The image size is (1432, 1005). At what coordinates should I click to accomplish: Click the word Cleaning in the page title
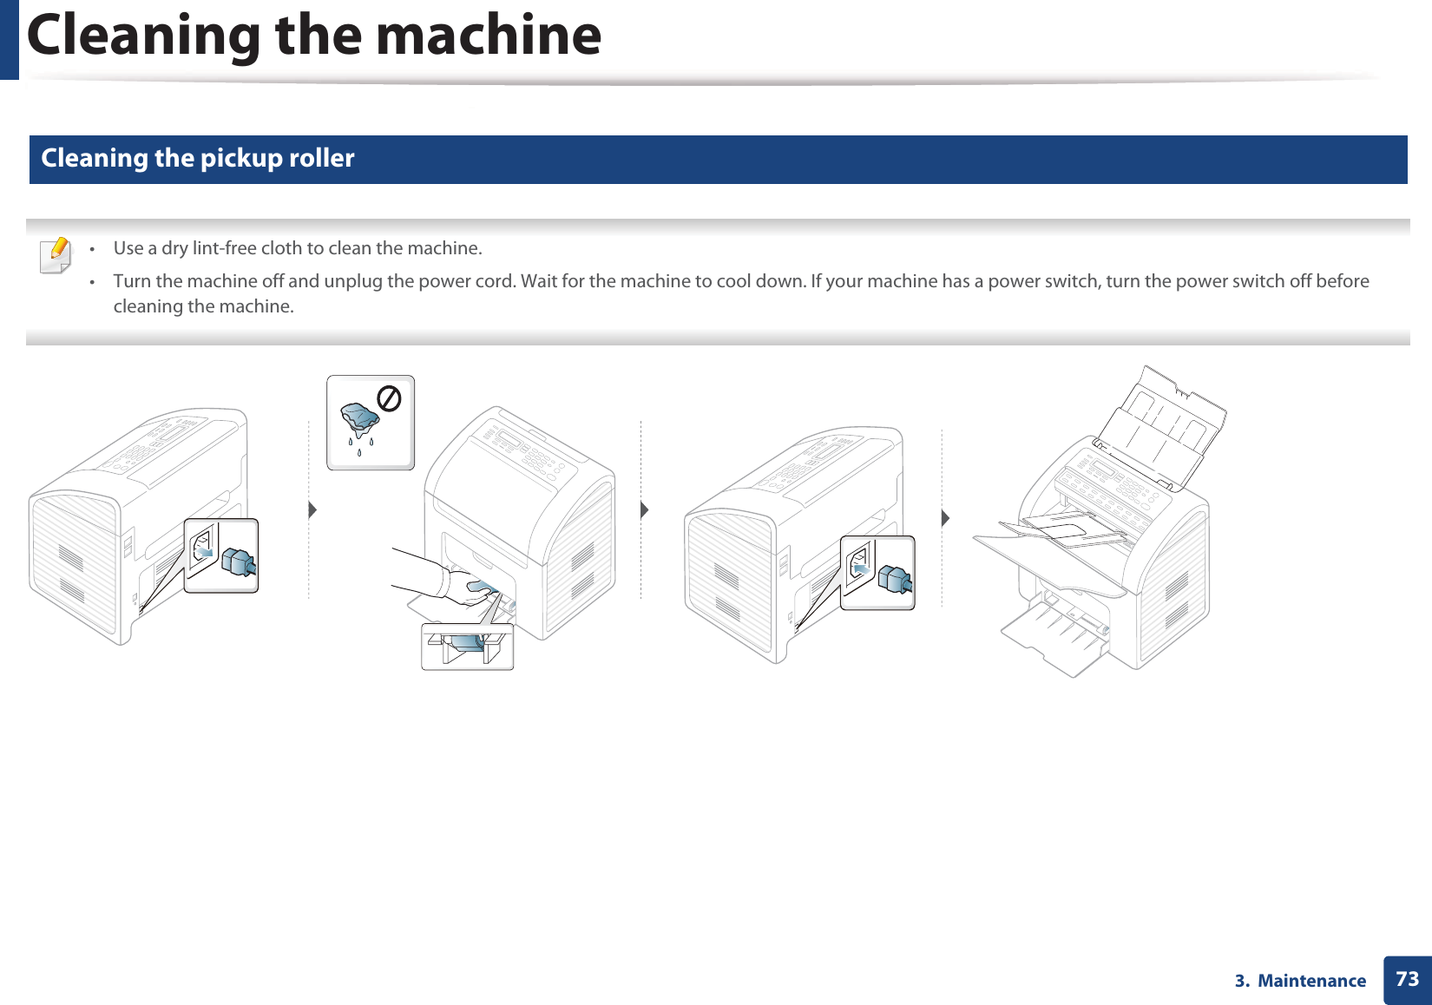coord(144,36)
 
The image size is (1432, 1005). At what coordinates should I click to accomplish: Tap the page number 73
coord(1407,979)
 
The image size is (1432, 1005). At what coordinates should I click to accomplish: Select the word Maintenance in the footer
coord(1311,981)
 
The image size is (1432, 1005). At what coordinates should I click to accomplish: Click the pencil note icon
coord(56,255)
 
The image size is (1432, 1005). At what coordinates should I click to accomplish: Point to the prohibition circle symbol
coord(389,399)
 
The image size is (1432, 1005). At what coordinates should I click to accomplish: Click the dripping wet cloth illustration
coord(359,421)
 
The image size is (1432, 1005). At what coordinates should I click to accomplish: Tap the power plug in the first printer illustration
coord(238,562)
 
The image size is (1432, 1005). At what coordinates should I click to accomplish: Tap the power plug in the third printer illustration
coord(895,579)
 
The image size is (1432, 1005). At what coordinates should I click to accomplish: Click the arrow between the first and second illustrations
coord(312,509)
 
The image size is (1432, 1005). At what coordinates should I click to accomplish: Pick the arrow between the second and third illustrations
coord(645,509)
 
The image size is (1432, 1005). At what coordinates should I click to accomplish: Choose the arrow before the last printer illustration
coord(945,518)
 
